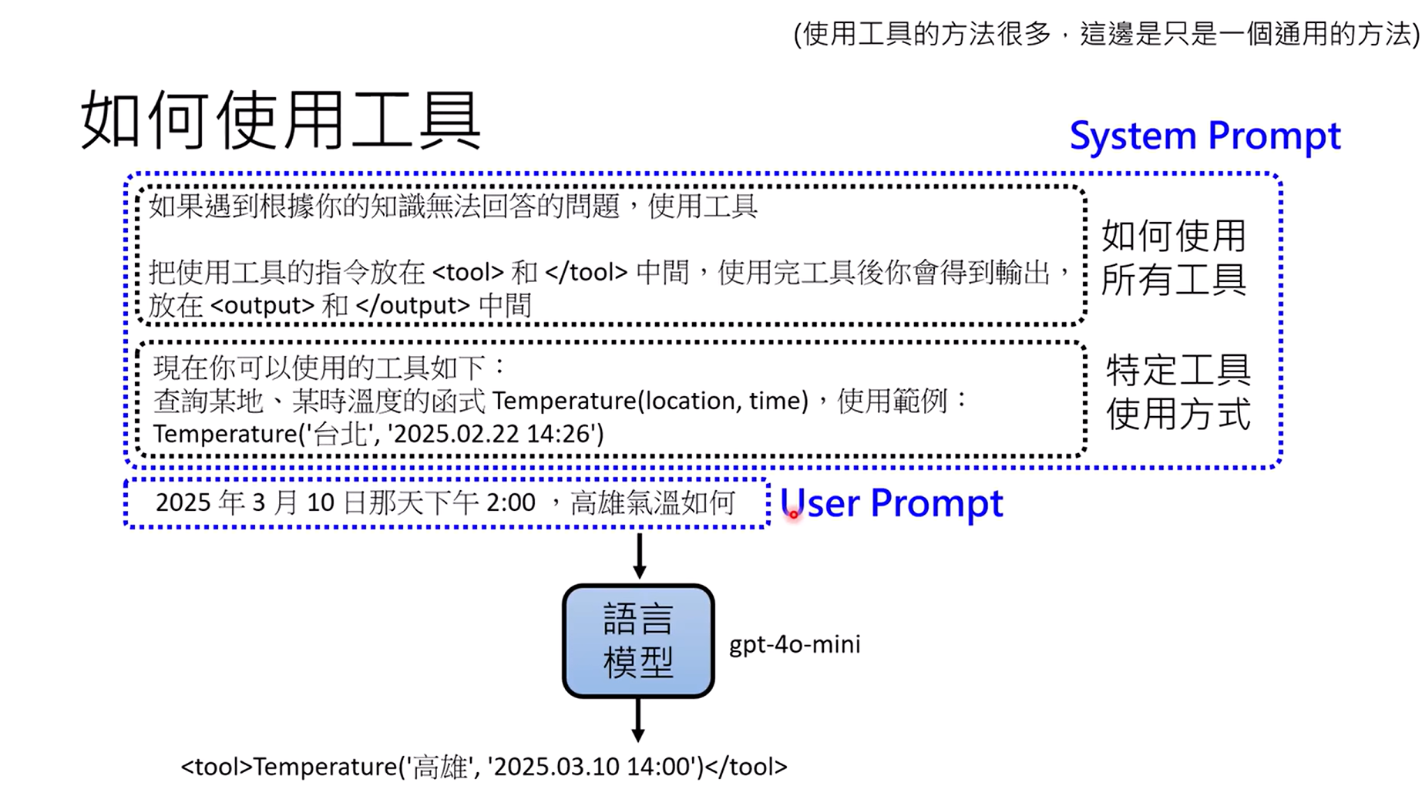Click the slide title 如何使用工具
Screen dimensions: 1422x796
[281, 120]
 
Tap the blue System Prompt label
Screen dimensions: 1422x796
[1205, 136]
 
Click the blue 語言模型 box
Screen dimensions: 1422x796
[638, 641]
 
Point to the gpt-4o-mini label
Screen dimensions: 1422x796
[795, 644]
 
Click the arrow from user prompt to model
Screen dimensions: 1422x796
[639, 556]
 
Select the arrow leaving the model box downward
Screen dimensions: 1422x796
[638, 720]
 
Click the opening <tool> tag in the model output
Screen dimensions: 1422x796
[217, 767]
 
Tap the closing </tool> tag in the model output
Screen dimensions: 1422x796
[746, 767]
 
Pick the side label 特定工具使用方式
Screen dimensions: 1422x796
[1178, 392]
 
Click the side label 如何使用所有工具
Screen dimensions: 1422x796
[1173, 257]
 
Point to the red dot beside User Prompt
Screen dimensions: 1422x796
[793, 514]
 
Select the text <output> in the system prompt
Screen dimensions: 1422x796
[262, 306]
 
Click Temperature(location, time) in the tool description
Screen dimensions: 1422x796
[650, 401]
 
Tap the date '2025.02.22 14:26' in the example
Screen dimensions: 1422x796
[496, 434]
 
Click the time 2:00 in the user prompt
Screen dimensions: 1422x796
[510, 503]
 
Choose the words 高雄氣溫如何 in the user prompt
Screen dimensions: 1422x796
[652, 503]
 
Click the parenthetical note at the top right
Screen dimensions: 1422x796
[1106, 34]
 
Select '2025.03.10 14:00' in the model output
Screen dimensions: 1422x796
[593, 767]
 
